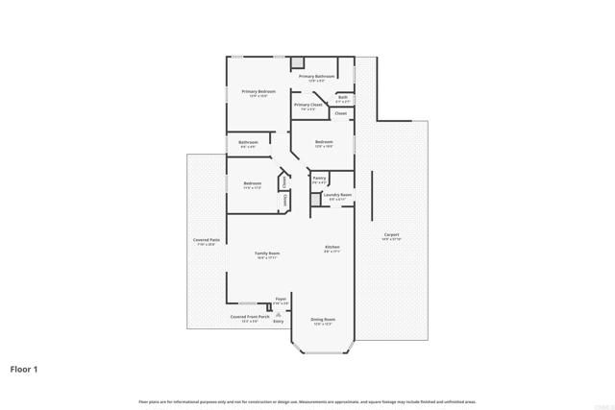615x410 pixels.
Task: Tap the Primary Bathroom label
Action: coord(316,76)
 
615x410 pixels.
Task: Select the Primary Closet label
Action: coord(308,105)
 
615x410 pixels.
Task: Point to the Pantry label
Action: coord(319,178)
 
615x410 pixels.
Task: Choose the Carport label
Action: coord(391,235)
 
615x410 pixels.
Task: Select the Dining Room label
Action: coord(322,319)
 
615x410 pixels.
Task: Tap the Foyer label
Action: coord(281,300)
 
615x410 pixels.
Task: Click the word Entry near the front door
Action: coord(279,322)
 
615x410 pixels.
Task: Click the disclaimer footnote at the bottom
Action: coord(307,400)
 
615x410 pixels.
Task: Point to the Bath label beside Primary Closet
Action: coord(342,97)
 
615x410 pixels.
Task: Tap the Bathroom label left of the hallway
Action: coord(248,142)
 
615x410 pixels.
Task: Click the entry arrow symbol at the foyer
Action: coord(279,313)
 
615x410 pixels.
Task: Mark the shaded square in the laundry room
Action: coord(314,199)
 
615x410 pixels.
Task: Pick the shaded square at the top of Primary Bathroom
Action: coord(297,61)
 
